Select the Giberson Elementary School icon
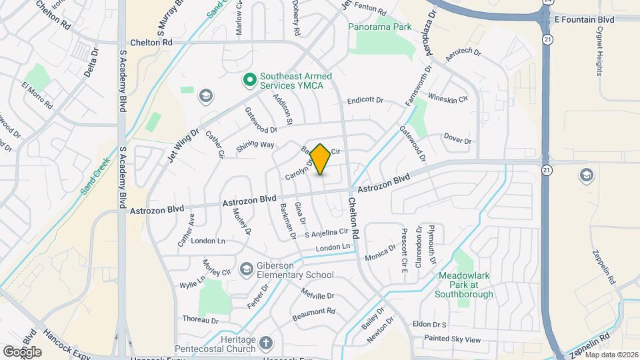click(246, 268)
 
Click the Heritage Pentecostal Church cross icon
click(266, 343)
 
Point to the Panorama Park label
click(380, 27)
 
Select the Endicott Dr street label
click(366, 101)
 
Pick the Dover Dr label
click(457, 140)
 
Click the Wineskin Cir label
click(448, 97)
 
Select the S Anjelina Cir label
click(326, 233)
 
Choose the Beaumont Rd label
click(313, 311)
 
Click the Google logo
click(22, 351)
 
